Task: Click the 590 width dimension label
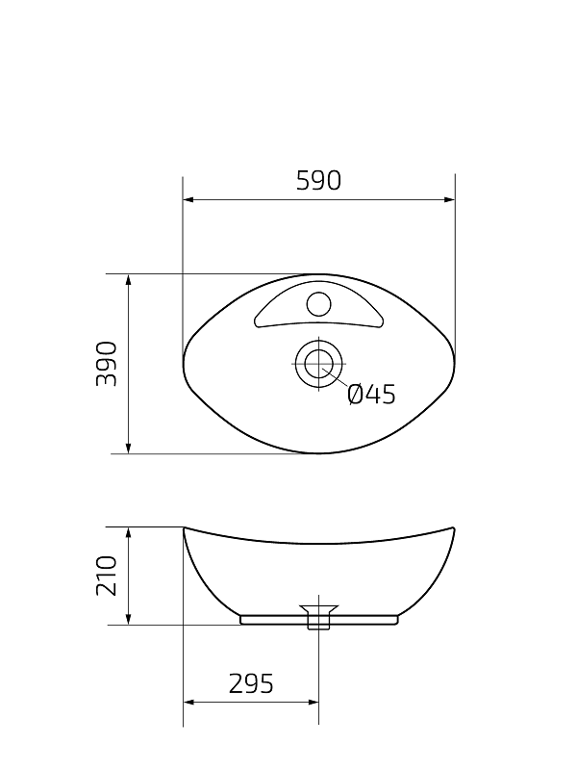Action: tap(318, 181)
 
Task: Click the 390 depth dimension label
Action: tap(107, 364)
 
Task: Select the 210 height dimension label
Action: tap(107, 576)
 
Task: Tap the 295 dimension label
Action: tap(251, 683)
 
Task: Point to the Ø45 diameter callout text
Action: tap(371, 395)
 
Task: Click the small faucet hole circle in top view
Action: tap(319, 303)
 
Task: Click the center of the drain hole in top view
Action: tap(319, 364)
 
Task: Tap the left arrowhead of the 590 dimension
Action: tap(188, 199)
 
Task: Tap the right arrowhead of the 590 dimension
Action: tap(449, 199)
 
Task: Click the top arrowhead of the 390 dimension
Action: tap(129, 280)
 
